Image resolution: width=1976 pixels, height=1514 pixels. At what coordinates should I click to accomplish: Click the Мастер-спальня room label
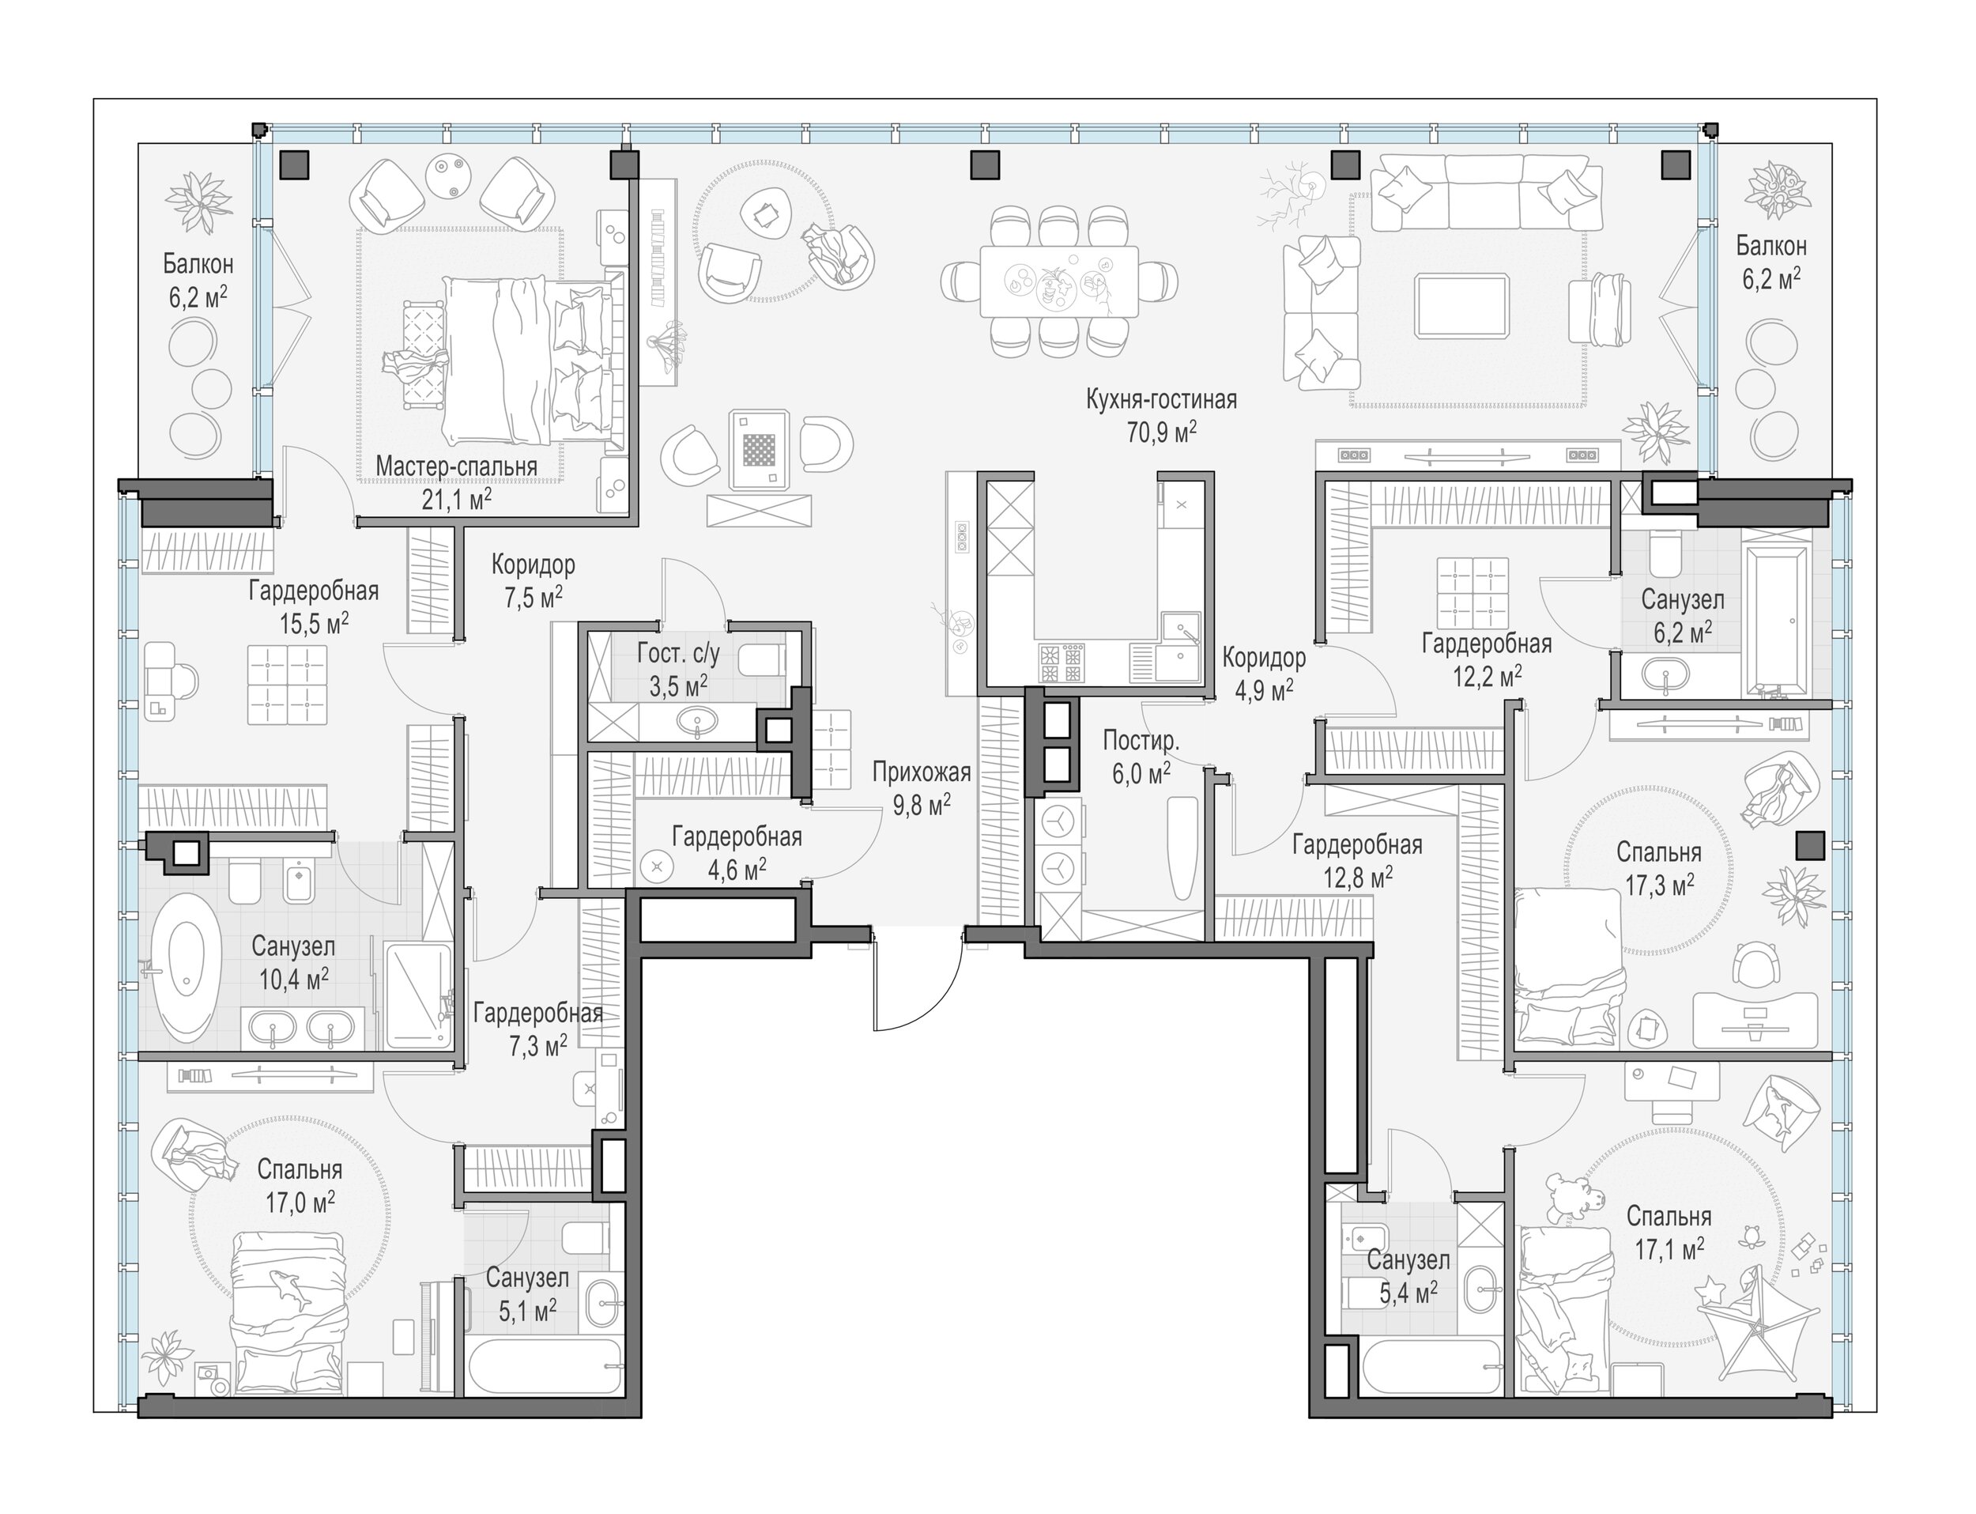pyautogui.click(x=456, y=466)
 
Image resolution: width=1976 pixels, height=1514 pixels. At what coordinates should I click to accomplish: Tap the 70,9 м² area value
pyautogui.click(x=1161, y=432)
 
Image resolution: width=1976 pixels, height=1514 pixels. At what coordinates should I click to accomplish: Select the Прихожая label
pyautogui.click(x=921, y=772)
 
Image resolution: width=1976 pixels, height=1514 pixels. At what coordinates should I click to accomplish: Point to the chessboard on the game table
pyautogui.click(x=759, y=450)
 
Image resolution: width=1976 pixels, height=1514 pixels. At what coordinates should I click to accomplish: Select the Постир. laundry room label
pyautogui.click(x=1141, y=741)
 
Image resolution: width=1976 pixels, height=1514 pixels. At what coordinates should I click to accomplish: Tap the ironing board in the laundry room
pyautogui.click(x=1182, y=847)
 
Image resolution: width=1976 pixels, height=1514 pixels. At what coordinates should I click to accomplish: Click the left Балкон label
pyautogui.click(x=198, y=264)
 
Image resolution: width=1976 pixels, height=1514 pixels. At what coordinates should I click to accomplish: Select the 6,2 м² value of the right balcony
pyautogui.click(x=1770, y=278)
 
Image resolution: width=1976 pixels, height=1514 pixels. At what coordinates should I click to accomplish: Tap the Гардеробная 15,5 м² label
pyautogui.click(x=314, y=607)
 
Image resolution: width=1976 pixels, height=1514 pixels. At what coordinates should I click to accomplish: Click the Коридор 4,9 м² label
pyautogui.click(x=1263, y=673)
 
